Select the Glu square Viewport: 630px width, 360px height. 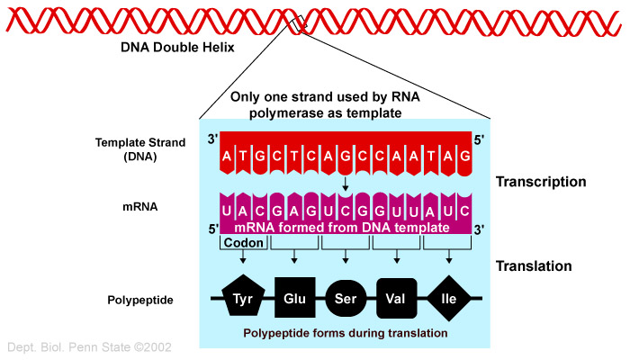point(295,297)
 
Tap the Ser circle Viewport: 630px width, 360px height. point(346,298)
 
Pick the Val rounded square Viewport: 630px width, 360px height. point(396,298)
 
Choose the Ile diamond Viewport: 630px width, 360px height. point(449,298)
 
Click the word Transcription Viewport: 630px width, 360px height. point(541,182)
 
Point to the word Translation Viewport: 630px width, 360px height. point(534,266)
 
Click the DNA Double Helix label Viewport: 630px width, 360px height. point(177,48)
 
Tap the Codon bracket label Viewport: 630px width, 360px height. point(244,243)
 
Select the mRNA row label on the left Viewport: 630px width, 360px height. point(139,207)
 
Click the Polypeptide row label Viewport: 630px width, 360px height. point(140,300)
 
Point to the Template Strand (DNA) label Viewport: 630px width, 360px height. point(140,149)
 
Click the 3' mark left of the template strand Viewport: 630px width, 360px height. point(212,139)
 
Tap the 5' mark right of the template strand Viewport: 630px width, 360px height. point(479,140)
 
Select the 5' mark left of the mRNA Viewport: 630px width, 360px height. point(213,229)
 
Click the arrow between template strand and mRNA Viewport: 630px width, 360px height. point(345,184)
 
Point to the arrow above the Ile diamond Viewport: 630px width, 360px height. point(449,256)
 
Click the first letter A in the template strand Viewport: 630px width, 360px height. point(227,156)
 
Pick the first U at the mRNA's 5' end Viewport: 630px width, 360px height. point(226,211)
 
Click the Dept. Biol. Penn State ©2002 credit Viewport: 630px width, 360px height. point(89,347)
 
